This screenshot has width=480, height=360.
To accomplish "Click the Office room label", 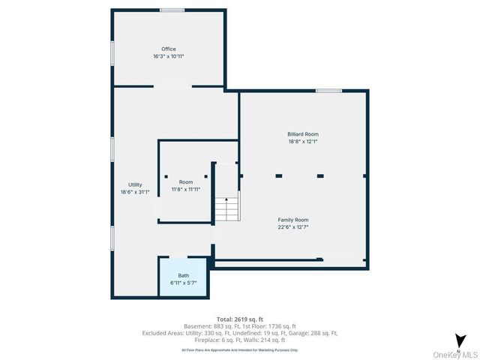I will [168, 49].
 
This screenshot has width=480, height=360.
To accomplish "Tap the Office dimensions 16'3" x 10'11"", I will [168, 56].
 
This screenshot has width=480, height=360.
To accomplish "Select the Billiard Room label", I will [303, 134].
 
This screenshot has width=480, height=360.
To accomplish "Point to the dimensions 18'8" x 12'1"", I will [303, 141].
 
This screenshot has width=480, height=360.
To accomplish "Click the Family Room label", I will [293, 220].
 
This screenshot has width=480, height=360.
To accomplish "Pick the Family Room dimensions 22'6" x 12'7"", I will [293, 226].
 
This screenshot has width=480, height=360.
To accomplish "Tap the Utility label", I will [135, 184].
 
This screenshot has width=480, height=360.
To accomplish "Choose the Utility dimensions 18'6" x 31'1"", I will [135, 192].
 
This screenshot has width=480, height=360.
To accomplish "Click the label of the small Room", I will [185, 182].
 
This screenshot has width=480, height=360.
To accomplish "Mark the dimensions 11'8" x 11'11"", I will [185, 189].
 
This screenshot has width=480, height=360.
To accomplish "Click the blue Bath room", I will [184, 277].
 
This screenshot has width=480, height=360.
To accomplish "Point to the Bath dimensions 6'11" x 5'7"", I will [184, 283].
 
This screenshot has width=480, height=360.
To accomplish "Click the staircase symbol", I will [226, 207].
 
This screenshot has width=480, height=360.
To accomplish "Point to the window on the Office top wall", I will [172, 10].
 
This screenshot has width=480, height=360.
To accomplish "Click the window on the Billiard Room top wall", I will [328, 91].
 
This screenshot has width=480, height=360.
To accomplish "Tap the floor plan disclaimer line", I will [239, 349].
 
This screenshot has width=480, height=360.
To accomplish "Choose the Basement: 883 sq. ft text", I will [214, 326].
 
